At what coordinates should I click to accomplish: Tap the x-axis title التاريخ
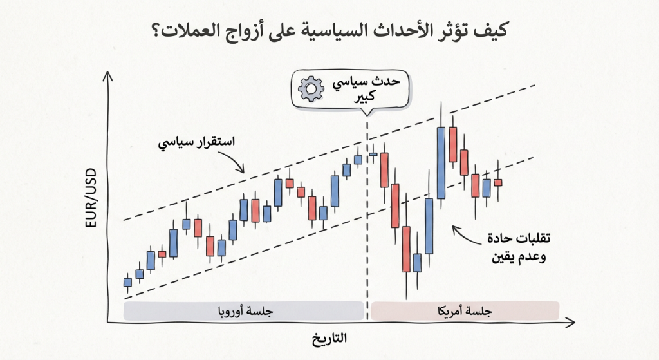(329, 339)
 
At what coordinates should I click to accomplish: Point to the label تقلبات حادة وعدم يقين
(519, 248)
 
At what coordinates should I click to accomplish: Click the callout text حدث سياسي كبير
(364, 90)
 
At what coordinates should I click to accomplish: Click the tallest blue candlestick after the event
(441, 162)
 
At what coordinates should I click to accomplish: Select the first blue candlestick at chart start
(127, 281)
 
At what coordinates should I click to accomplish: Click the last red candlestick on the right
(497, 182)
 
